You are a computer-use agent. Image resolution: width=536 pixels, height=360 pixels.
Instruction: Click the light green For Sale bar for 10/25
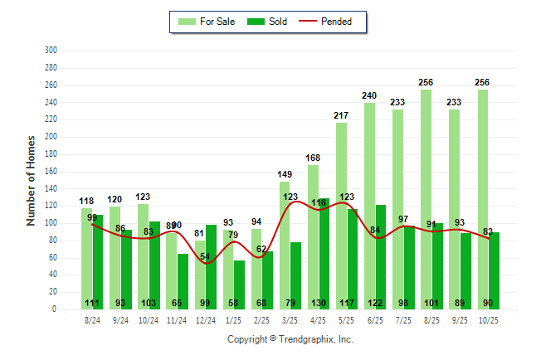click(482, 199)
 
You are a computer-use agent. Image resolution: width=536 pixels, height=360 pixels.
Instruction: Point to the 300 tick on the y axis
click(51, 51)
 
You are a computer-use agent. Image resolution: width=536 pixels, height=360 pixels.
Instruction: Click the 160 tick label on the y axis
click(51, 172)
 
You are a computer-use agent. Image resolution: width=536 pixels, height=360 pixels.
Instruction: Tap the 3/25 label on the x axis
click(290, 319)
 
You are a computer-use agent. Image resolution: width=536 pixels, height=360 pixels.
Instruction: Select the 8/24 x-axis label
click(93, 319)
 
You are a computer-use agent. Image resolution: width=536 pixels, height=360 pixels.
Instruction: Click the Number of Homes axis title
click(32, 180)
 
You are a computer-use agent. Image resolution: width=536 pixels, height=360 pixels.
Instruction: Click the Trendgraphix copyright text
click(290, 339)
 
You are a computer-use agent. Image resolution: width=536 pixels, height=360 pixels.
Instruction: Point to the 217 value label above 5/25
click(341, 114)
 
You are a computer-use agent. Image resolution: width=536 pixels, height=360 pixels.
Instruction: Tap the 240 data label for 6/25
click(369, 95)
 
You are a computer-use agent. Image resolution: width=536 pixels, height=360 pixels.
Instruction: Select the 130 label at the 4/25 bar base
click(319, 303)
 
